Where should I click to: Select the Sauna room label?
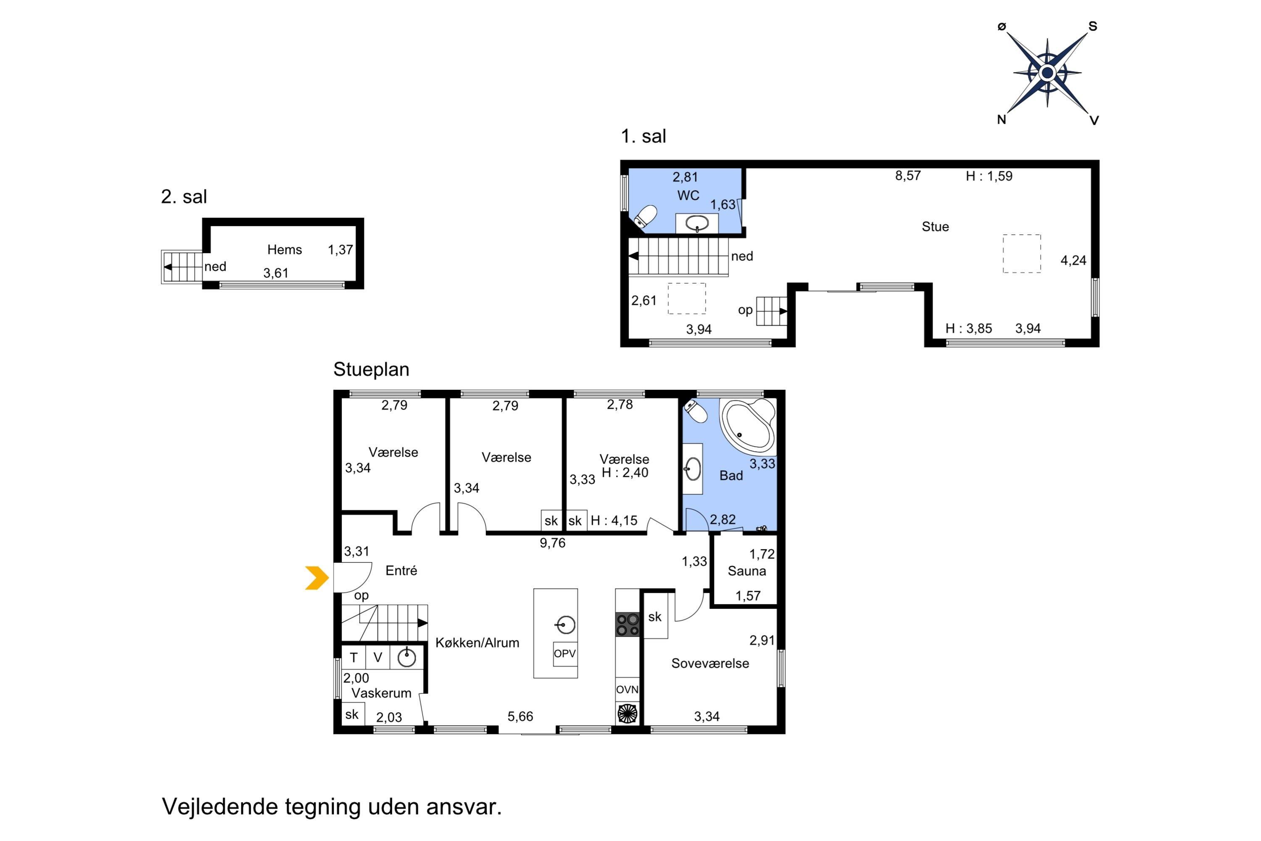coord(747,571)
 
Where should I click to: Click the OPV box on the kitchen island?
coord(565,654)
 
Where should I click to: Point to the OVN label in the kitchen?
coord(627,690)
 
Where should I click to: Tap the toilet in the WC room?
coord(645,217)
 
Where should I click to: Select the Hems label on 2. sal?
coord(285,249)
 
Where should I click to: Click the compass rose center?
coord(1047,72)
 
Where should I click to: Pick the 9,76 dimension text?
coord(553,543)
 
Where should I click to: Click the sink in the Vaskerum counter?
coord(407,656)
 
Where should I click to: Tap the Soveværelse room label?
coord(710,664)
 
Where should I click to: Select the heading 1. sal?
coord(644,136)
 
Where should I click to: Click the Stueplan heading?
coord(372,370)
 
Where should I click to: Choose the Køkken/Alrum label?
coord(477,643)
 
